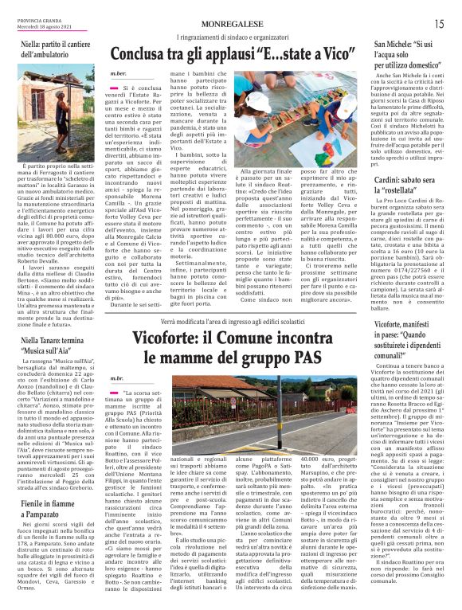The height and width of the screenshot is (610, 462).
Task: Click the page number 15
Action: point(438,24)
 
